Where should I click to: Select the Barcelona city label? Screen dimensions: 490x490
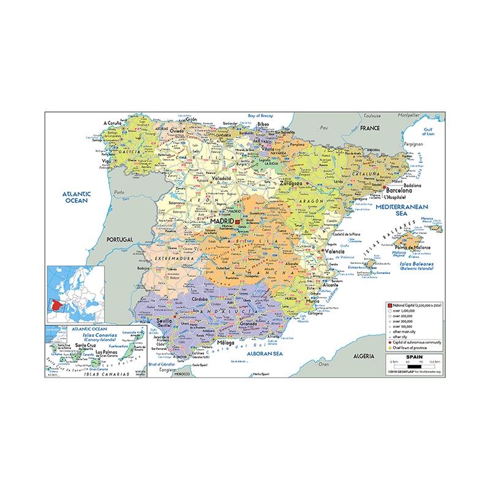tap(398, 191)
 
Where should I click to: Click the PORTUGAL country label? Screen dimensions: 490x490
tap(120, 239)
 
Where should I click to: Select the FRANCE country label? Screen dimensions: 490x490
tap(370, 128)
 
